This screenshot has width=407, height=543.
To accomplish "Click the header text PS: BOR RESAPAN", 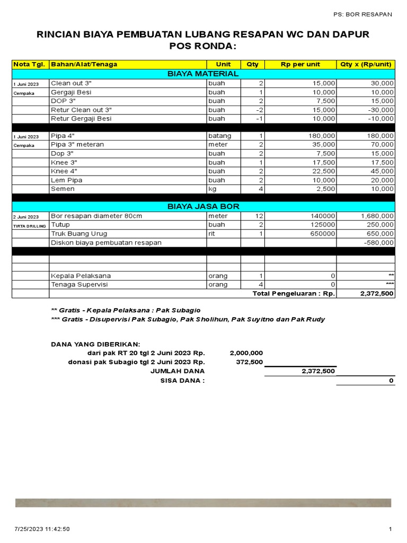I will [x=362, y=14].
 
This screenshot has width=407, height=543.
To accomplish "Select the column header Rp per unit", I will [x=300, y=64].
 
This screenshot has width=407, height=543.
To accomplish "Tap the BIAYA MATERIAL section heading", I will [x=203, y=74].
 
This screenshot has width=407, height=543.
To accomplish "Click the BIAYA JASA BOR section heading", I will [x=203, y=206].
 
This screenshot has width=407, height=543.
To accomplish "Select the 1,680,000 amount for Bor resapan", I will [x=377, y=216].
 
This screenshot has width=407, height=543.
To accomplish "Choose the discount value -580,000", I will [x=379, y=243].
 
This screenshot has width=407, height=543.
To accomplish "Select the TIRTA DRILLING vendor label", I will [x=30, y=225].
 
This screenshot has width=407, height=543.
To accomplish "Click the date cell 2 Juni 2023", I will [x=26, y=216].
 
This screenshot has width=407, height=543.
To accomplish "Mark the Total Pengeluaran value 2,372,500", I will [x=377, y=294].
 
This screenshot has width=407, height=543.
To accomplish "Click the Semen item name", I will [x=63, y=189].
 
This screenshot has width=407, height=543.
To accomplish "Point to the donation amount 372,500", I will [x=249, y=362].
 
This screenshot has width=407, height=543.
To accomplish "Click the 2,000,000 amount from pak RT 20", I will [x=246, y=353].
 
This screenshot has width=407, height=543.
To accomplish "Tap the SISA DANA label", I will [x=182, y=381].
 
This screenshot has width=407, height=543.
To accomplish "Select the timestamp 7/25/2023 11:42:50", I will [x=42, y=529].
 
